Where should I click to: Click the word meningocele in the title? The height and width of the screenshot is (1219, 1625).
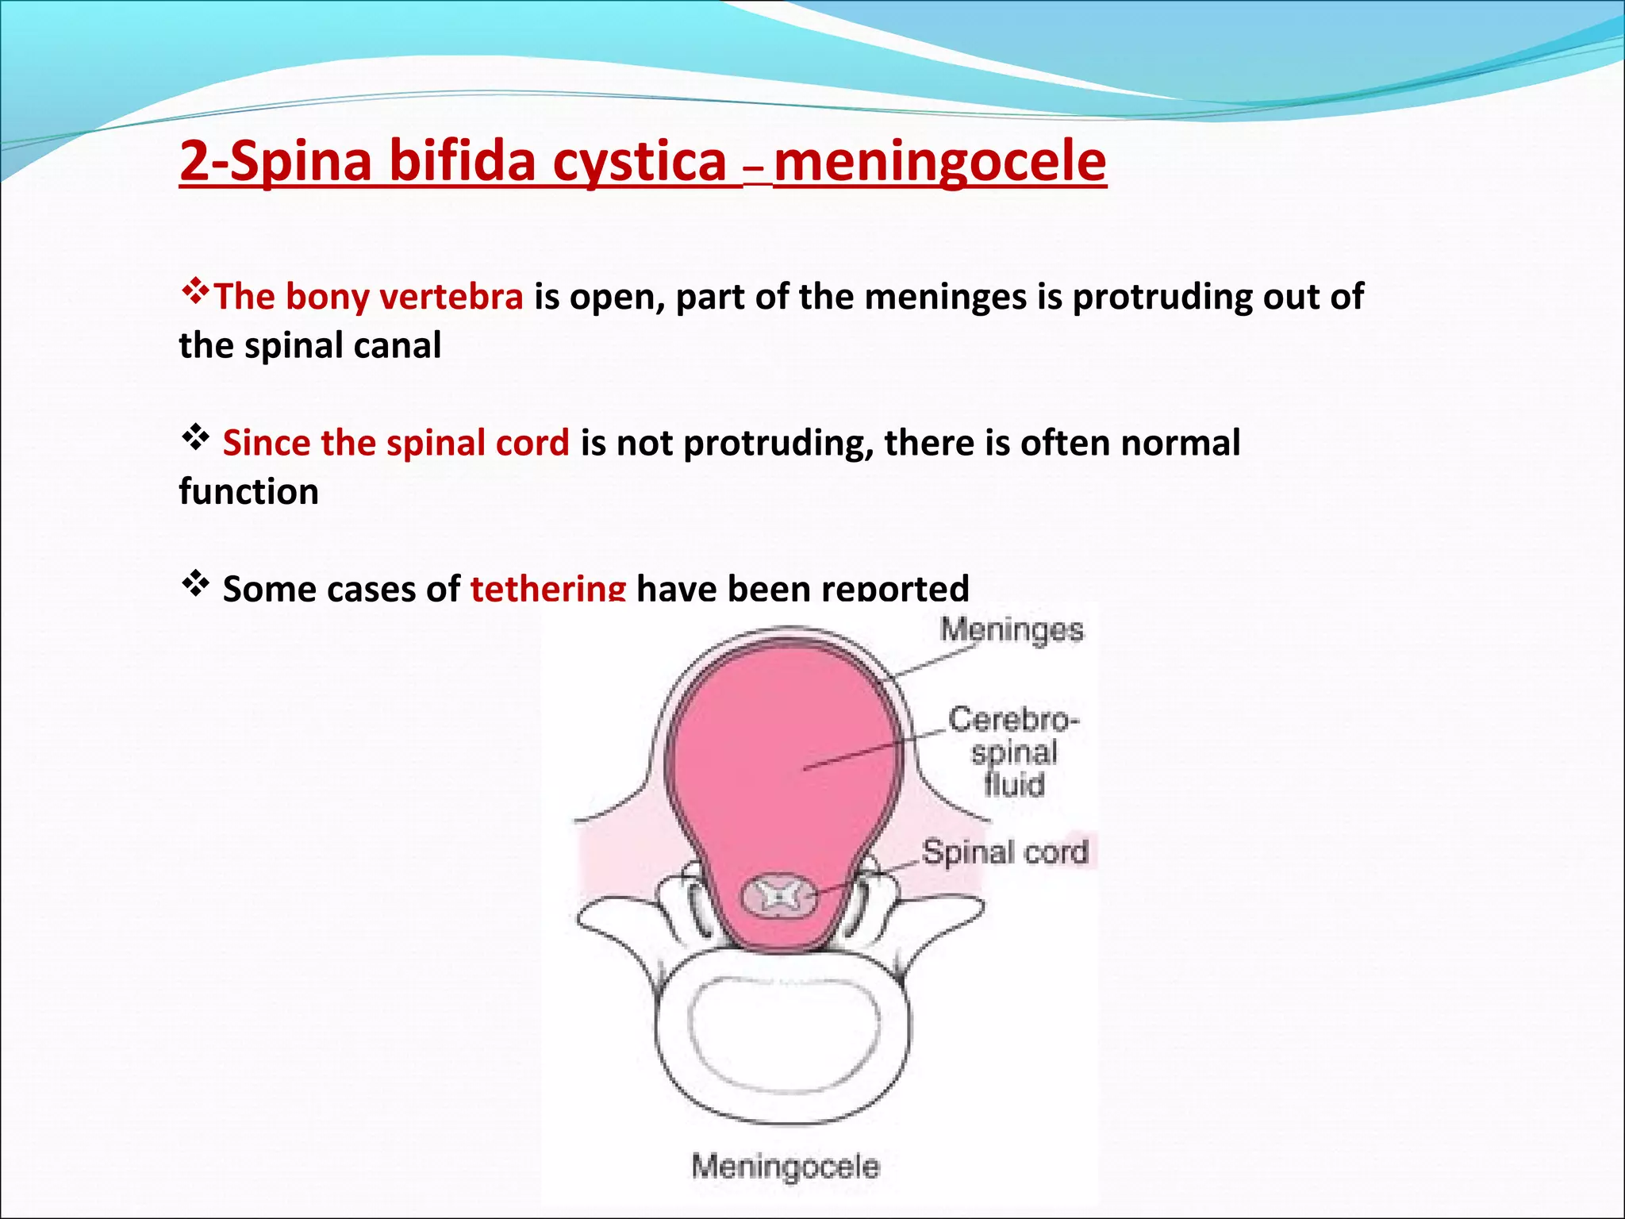coord(939,161)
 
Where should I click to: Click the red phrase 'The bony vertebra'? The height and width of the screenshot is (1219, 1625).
coord(368,297)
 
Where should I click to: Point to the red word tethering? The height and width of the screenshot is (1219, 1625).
coord(547,588)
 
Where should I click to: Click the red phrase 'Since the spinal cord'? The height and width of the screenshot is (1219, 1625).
coord(395,443)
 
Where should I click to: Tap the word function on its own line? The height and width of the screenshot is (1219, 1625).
coord(248,492)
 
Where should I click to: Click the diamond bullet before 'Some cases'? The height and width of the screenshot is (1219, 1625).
coord(195,585)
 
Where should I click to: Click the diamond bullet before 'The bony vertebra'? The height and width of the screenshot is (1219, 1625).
coord(194,292)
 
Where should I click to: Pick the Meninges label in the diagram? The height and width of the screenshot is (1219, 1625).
coord(1012,630)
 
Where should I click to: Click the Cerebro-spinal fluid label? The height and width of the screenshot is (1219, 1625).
coord(1013,752)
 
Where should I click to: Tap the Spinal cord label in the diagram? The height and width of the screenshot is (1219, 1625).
coord(1005,852)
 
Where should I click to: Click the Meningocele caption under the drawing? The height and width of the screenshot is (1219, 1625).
coord(786,1167)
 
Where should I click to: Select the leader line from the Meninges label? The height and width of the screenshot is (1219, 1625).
coord(936,662)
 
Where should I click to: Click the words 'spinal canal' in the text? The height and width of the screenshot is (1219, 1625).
coord(342,346)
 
